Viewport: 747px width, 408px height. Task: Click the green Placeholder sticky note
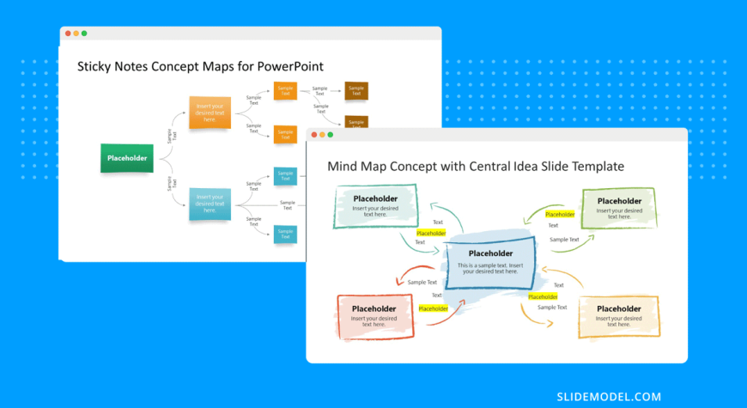pos(127,158)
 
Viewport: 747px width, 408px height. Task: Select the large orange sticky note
pos(210,113)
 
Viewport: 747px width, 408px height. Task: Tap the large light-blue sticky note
pos(210,204)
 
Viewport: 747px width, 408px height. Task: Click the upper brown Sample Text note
pos(355,90)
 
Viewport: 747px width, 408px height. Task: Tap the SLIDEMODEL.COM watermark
pos(608,396)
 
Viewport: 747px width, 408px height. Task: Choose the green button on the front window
pos(330,135)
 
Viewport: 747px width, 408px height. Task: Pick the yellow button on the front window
pos(322,135)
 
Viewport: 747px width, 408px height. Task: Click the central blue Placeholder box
pos(490,262)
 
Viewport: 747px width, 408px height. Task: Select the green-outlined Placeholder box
pos(618,207)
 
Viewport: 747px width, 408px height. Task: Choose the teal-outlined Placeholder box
pos(374,206)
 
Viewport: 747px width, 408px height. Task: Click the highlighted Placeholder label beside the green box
pos(560,214)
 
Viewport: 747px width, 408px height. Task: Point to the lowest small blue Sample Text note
pos(284,234)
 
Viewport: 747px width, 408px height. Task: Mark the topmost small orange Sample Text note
pos(284,90)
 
